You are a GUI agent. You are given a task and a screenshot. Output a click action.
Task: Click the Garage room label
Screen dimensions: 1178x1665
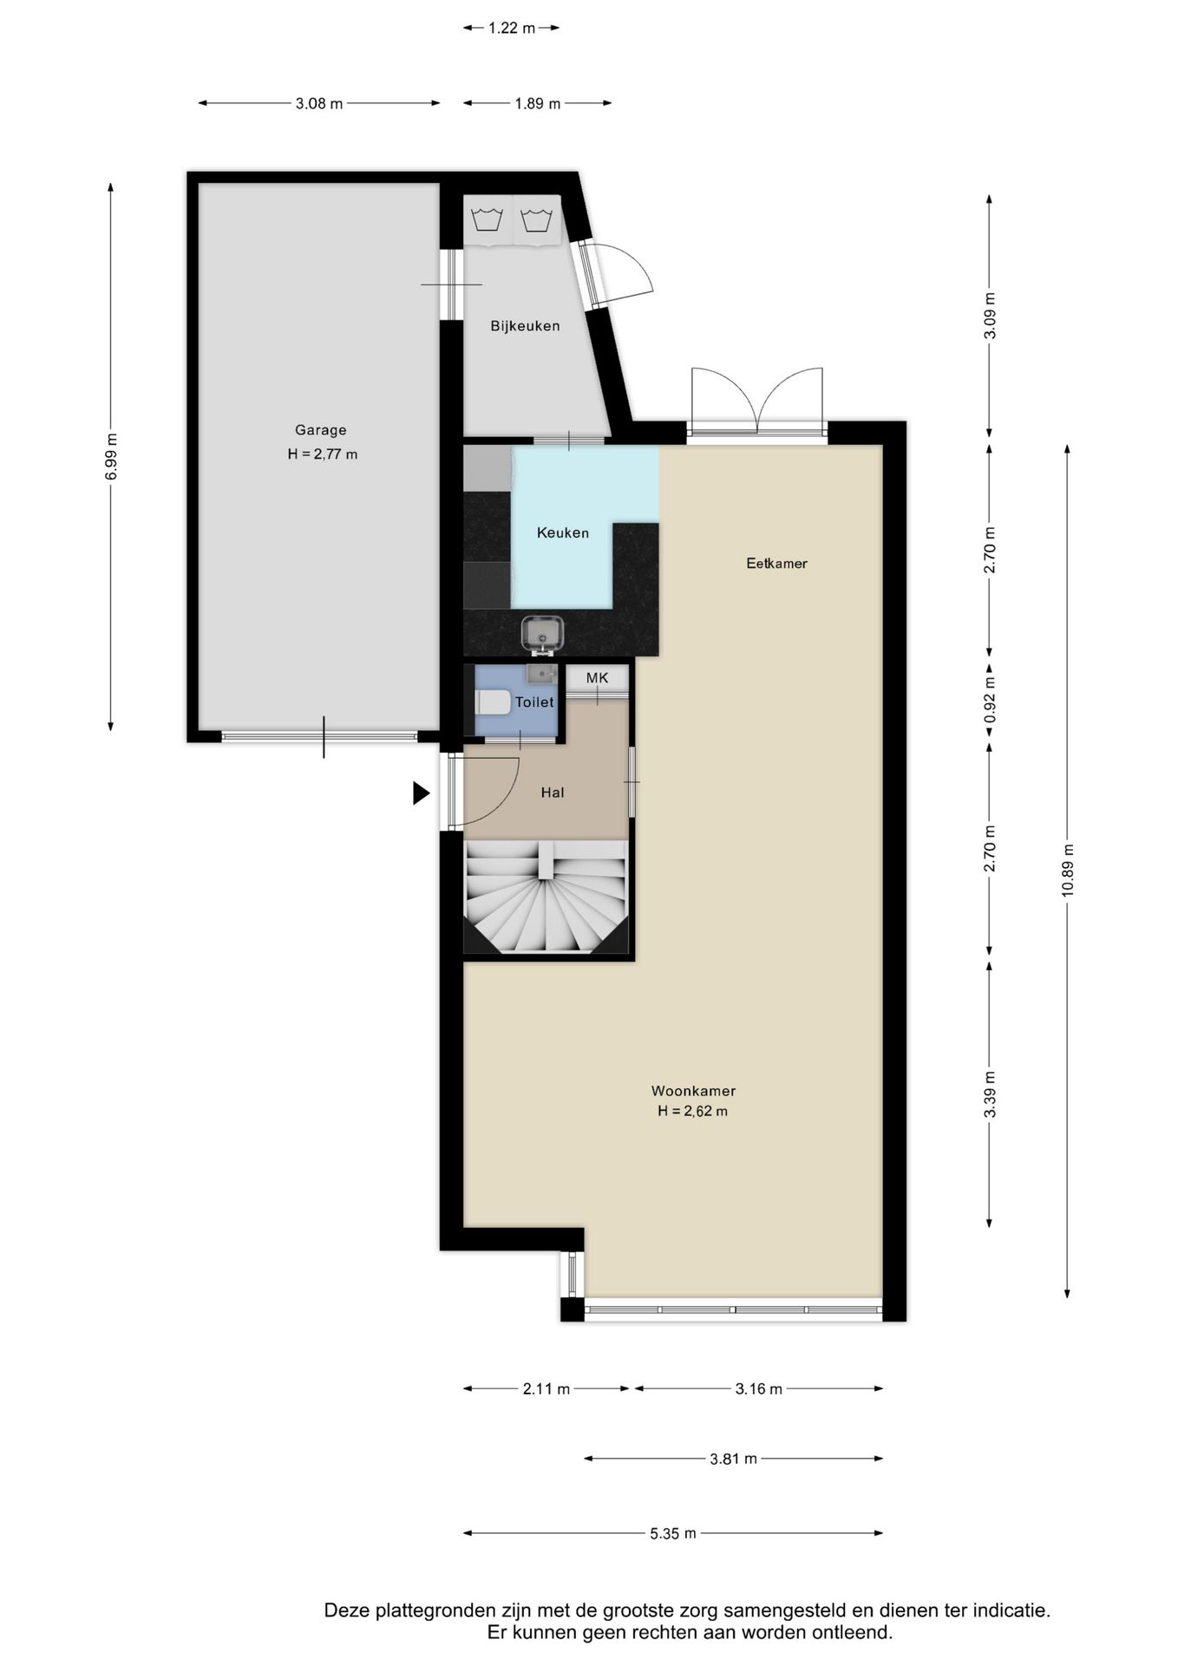coord(321,430)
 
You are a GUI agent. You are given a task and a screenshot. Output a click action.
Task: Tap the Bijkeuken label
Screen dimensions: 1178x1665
coord(525,326)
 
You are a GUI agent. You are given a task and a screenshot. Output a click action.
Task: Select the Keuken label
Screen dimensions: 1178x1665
coord(563,532)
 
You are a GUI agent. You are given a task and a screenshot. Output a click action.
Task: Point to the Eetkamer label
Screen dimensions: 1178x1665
coord(777,564)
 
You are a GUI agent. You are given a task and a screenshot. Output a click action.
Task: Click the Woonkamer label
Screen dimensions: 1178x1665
coord(694,1091)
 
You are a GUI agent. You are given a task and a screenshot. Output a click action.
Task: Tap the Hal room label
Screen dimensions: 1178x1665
coord(553,793)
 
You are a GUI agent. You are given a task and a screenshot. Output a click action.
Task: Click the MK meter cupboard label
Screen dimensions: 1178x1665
coord(598,678)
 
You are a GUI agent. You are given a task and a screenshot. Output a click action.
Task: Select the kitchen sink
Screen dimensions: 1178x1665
coord(543,634)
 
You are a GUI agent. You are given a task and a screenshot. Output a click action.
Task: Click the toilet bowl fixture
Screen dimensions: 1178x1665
coord(492,702)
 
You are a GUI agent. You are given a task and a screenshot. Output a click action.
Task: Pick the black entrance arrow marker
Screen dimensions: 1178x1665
coord(421,793)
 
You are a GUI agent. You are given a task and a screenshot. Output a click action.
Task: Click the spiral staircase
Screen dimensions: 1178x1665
coord(546,898)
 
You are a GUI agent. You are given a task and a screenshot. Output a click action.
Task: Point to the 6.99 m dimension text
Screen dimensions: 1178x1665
coord(111,456)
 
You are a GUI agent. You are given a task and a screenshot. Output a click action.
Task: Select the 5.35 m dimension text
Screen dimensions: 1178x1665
coord(673,1533)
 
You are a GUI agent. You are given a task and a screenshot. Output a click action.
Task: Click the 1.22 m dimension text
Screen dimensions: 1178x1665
coord(512,28)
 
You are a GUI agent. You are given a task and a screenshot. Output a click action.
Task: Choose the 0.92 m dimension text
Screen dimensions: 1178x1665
coord(990,699)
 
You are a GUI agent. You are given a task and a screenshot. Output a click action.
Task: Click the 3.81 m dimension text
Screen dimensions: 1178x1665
coord(734,1459)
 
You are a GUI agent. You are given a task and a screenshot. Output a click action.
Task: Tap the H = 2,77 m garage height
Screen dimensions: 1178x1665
coord(323,454)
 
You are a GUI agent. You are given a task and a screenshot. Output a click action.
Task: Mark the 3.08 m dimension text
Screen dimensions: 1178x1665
coord(319,103)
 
